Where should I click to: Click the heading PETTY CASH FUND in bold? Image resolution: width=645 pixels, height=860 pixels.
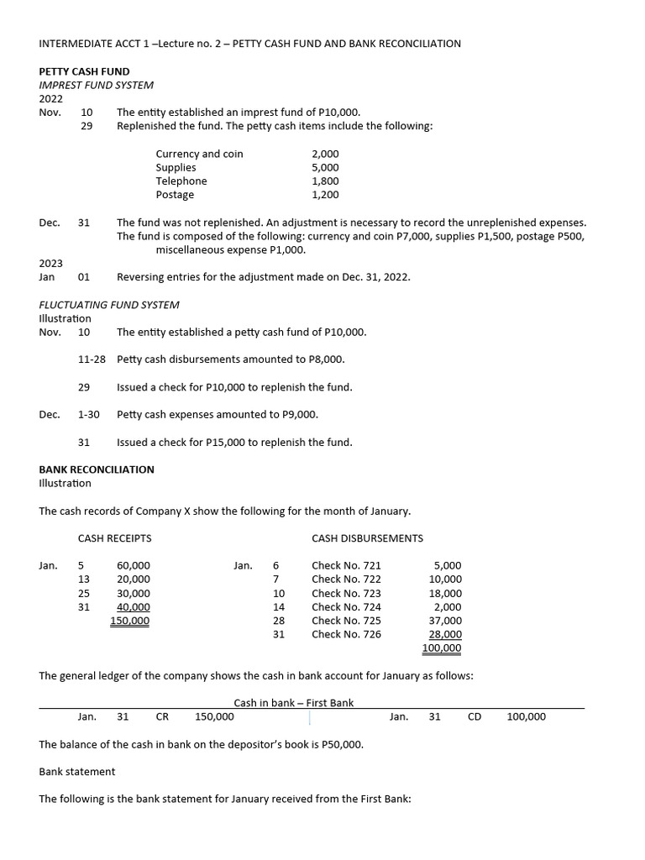84,71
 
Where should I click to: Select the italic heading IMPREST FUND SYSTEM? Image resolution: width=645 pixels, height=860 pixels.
96,85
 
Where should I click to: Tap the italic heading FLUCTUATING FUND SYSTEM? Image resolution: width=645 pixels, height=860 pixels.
109,304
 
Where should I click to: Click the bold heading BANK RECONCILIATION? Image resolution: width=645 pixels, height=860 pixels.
97,469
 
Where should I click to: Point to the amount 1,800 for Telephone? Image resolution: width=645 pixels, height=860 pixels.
325,181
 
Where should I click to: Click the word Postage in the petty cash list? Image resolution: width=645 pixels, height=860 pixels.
175,195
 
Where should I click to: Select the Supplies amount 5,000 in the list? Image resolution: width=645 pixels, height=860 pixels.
325,167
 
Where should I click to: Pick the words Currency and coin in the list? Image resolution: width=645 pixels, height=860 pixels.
199,154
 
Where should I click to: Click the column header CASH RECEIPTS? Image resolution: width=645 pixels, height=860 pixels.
115,538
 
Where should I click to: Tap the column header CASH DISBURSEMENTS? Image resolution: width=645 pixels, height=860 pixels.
367,538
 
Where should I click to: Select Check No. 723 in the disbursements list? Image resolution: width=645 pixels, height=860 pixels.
346,593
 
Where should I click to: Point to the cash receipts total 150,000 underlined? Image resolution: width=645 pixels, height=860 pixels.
130,621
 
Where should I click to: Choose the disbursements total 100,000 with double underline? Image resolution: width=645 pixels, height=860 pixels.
441,648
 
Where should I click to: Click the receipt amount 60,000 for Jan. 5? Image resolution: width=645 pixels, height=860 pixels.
134,566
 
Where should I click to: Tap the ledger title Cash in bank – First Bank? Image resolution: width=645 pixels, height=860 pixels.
293,703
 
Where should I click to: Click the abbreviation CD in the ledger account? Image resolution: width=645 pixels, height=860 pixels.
474,716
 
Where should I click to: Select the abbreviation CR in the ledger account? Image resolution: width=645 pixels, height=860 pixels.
163,716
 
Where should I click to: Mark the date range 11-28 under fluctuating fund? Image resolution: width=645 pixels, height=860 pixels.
92,359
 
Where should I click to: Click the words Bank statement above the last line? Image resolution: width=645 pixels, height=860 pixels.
77,771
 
